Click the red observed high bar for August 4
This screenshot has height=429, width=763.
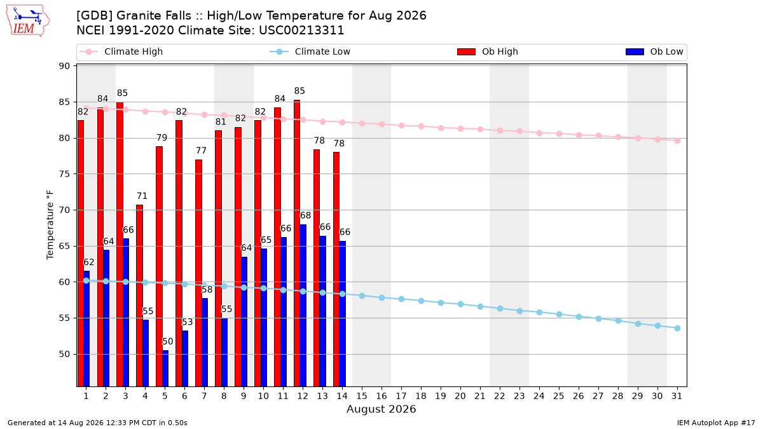pyautogui.click(x=139, y=296)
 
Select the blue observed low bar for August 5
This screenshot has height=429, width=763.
pyautogui.click(x=165, y=369)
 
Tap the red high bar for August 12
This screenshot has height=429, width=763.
pyautogui.click(x=297, y=243)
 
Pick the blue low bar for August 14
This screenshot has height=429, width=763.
pyautogui.click(x=342, y=313)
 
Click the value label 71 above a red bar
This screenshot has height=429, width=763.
pyautogui.click(x=142, y=196)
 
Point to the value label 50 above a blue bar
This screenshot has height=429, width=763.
pyautogui.click(x=168, y=341)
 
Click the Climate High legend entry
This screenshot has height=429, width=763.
pyautogui.click(x=121, y=51)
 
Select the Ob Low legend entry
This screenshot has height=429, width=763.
pyautogui.click(x=654, y=51)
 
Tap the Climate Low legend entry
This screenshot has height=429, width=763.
pyautogui.click(x=310, y=51)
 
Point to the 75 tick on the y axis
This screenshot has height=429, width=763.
pyautogui.click(x=64, y=174)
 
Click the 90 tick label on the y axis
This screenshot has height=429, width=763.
pyautogui.click(x=64, y=66)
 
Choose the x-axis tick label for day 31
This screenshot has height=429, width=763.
pyautogui.click(x=677, y=397)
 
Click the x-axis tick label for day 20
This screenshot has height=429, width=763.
pyautogui.click(x=460, y=397)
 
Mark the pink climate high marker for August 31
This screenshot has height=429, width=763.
pyautogui.click(x=677, y=140)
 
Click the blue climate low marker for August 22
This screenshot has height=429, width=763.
pyautogui.click(x=500, y=308)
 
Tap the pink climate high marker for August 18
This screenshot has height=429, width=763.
pyautogui.click(x=421, y=126)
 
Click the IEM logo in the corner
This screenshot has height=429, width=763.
pyautogui.click(x=28, y=21)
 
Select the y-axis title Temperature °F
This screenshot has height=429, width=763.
pyautogui.click(x=50, y=225)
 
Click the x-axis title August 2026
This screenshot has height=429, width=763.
pyautogui.click(x=381, y=409)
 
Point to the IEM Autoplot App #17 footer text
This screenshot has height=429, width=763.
pyautogui.click(x=716, y=423)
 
